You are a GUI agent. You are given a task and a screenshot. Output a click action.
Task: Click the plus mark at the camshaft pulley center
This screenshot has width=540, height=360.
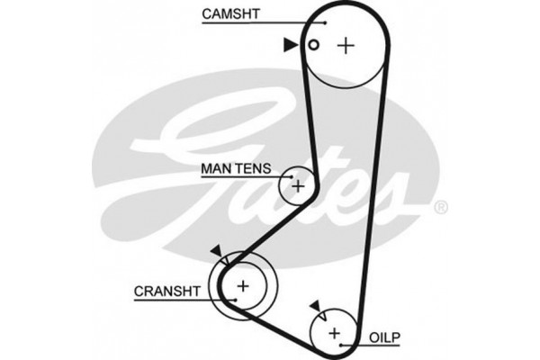346,46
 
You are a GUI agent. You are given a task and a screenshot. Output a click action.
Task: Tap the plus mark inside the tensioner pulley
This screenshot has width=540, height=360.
297,186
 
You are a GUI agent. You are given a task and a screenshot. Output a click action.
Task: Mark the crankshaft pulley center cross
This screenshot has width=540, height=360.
241,285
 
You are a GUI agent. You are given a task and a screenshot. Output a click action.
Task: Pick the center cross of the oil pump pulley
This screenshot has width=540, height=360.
334,333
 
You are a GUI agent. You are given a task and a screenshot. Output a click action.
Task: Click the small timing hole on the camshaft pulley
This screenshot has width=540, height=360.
313,46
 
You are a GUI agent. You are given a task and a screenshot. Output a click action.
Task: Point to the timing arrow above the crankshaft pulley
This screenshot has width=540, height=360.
215,253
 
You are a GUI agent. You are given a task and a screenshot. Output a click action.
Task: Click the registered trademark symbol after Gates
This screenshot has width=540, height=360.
440,208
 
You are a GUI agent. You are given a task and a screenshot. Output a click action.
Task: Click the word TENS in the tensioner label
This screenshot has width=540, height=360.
253,166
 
